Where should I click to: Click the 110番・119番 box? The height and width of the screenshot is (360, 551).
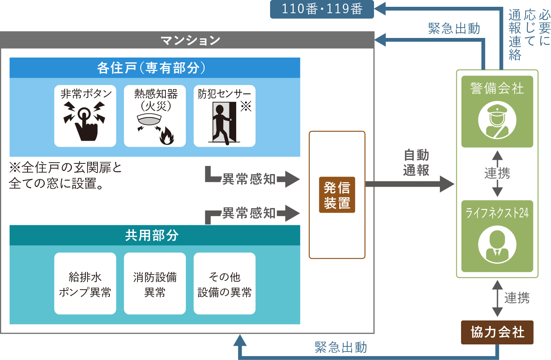pos(322,9)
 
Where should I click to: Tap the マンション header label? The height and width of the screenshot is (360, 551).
pos(190,40)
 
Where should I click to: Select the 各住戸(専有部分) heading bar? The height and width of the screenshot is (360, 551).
pos(155,68)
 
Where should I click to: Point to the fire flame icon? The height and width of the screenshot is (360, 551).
pos(166,136)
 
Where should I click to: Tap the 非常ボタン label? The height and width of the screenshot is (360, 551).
pos(86,94)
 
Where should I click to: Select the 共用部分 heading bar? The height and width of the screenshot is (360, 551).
pos(155,235)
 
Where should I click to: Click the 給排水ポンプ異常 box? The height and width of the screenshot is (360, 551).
pos(85,284)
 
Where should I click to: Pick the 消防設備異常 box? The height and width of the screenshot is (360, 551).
pos(155,284)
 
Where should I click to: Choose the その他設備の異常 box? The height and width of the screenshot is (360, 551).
pos(224,284)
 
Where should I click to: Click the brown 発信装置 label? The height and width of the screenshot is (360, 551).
pos(337,195)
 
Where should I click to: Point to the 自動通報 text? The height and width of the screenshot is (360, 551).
pos(416,163)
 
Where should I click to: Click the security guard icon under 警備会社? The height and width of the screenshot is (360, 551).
pos(497,120)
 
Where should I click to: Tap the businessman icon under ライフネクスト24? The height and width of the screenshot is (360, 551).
pos(497,245)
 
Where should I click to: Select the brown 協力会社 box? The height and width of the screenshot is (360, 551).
pos(497,332)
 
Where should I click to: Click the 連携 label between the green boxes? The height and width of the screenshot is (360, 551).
pos(497,173)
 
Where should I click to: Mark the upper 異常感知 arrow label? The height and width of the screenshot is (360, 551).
pos(249,179)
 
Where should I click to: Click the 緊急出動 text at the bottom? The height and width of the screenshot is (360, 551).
pos(340,347)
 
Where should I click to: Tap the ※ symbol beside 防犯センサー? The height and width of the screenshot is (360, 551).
pos(246,106)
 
